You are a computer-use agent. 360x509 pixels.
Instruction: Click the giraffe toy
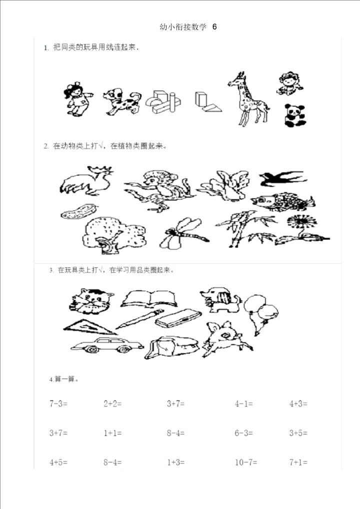[248, 99]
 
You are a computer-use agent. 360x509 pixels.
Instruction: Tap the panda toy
[295, 115]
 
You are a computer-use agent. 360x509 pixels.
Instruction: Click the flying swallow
[282, 178]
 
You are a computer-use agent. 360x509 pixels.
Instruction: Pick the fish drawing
[282, 202]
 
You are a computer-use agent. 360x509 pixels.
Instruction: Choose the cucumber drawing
[79, 211]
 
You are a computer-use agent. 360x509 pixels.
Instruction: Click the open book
[149, 298]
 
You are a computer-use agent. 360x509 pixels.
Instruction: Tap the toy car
[107, 345]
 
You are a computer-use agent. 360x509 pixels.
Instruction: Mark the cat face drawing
[91, 301]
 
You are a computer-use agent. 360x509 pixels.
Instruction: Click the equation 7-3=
[58, 403]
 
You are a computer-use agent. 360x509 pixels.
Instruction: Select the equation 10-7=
[245, 462]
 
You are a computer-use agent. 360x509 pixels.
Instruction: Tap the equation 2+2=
[112, 403]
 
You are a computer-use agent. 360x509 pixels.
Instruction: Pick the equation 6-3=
[244, 432]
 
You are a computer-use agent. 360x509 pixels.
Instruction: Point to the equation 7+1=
[298, 462]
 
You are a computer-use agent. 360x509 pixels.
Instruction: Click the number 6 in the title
[214, 27]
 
